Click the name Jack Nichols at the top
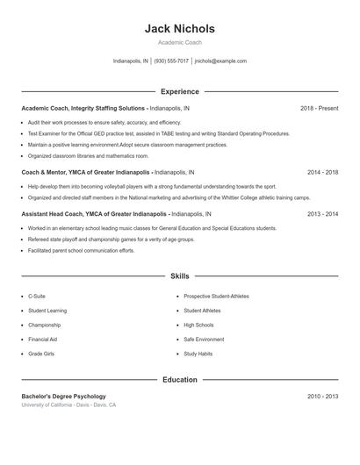coord(179,29)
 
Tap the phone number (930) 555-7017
coord(172,61)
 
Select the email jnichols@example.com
coord(220,61)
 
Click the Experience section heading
coord(179,91)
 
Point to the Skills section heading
coord(179,275)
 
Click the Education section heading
coord(179,380)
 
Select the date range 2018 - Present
coord(319,108)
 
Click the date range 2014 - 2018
coord(322,172)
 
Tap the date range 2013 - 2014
coord(322,213)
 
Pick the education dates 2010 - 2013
coord(322,397)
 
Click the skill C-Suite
coord(37,297)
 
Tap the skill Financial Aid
coord(42,339)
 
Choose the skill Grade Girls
coord(41,354)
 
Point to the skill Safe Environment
coord(204,339)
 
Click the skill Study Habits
coord(198,354)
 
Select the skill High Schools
coord(198,325)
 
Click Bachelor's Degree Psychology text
coord(63,397)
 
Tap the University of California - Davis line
coord(68,405)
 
